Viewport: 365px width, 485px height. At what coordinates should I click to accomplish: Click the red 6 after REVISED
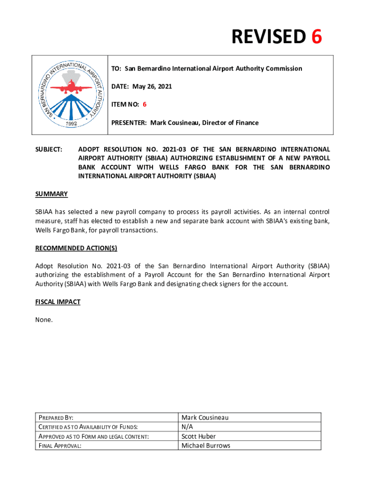point(316,37)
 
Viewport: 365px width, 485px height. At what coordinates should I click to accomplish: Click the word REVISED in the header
point(268,37)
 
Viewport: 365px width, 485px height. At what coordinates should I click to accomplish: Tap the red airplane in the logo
point(70,88)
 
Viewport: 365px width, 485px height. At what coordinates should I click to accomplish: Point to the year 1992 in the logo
point(70,122)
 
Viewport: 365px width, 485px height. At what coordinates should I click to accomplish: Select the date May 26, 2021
point(152,87)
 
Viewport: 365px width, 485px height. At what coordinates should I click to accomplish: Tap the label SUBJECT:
point(49,150)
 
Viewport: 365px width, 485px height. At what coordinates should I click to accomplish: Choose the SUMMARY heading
point(51,194)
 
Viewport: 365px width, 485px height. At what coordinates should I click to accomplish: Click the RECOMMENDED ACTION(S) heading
point(76,248)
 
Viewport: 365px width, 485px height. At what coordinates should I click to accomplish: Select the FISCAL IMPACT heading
point(58,302)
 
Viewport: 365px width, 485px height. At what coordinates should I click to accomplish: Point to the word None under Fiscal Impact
point(44,320)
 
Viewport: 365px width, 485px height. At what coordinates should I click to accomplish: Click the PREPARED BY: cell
point(56,418)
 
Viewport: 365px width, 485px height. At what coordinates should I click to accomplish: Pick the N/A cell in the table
point(188,427)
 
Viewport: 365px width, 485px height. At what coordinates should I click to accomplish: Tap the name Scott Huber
point(199,436)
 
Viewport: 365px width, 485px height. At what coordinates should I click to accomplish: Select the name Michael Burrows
point(206,446)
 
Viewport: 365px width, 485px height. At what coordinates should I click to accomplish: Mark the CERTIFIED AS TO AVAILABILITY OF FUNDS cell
point(87,427)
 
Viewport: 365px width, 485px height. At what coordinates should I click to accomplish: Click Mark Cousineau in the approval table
point(205,418)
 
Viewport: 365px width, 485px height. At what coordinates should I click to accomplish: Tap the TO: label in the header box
point(116,69)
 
